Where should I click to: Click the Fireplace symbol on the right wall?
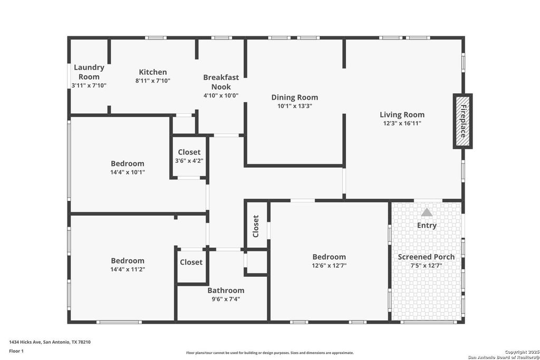(462, 121)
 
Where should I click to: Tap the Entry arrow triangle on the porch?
(427, 212)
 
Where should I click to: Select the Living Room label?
(402, 114)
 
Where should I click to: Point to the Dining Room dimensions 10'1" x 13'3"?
(295, 106)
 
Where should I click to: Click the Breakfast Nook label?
(221, 82)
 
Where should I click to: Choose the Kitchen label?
(153, 72)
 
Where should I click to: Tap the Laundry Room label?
(89, 72)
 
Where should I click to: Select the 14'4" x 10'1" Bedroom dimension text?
(128, 172)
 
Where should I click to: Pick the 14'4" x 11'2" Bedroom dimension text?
(128, 269)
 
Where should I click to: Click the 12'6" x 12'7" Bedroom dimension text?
(329, 266)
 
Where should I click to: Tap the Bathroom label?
(226, 290)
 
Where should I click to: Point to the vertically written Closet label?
(256, 226)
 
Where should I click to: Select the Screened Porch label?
(426, 257)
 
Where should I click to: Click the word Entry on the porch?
(427, 226)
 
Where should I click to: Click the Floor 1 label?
(16, 351)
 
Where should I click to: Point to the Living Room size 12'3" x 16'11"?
(402, 123)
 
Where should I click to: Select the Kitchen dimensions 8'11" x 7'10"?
(153, 81)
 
